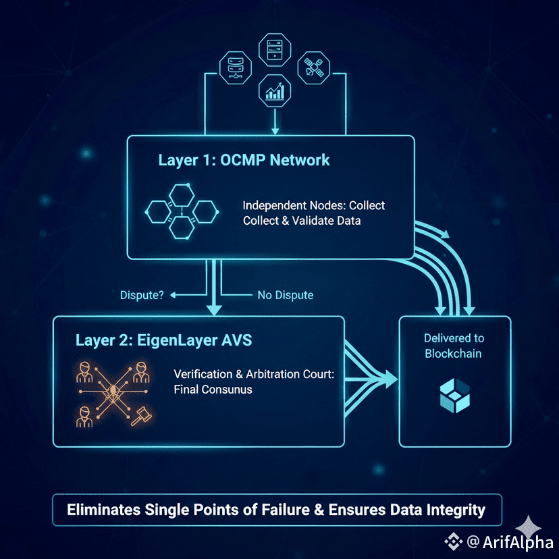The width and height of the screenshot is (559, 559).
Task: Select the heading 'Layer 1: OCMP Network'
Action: tap(244, 160)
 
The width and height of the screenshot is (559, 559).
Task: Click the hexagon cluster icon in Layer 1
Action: tap(180, 210)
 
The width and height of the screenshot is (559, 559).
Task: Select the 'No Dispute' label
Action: tap(285, 295)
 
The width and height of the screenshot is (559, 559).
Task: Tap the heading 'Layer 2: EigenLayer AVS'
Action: tap(164, 340)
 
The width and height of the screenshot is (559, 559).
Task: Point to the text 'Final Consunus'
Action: tap(213, 390)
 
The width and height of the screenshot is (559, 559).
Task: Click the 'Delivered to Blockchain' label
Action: tap(454, 346)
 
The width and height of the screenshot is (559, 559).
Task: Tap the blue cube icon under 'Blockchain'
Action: tap(454, 396)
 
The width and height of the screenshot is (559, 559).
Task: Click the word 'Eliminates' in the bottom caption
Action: tap(103, 510)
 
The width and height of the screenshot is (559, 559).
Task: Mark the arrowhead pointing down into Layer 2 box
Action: tap(213, 310)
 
